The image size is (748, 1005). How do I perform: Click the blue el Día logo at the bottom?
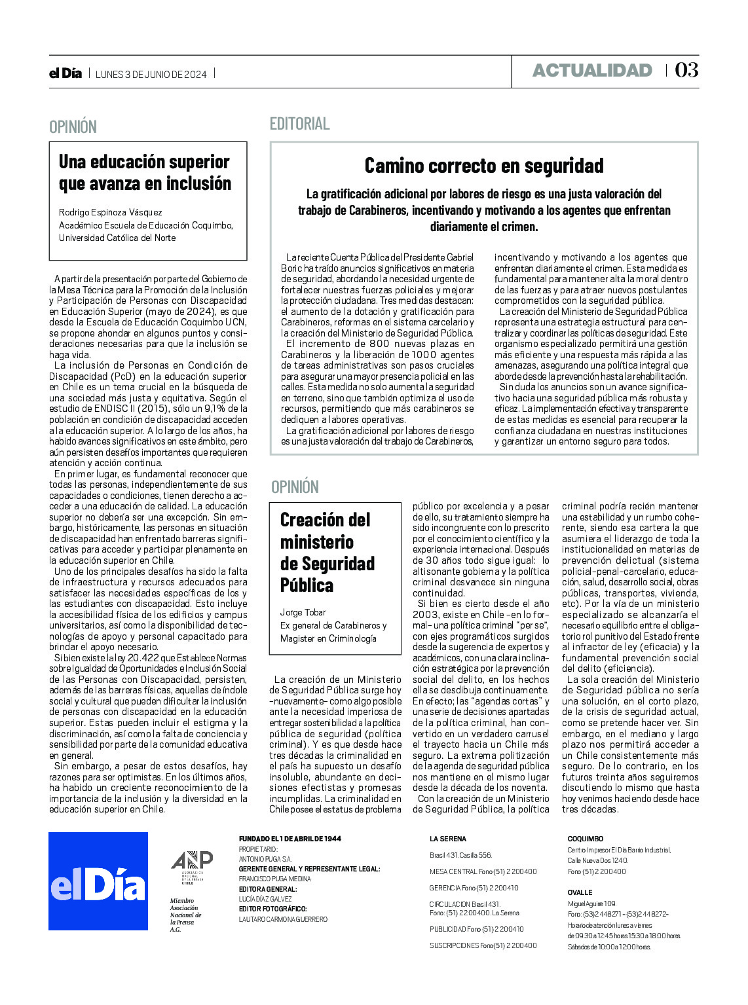98,881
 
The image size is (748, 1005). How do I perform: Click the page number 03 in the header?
686,70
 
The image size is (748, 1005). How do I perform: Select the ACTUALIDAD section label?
592,70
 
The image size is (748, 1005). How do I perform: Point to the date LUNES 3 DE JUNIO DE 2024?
151,74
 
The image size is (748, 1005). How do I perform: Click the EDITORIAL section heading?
300,123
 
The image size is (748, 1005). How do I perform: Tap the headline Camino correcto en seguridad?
484,166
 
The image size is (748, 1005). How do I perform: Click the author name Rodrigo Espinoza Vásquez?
111,212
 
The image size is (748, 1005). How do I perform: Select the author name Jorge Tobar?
303,612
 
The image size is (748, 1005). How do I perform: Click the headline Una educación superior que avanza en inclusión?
145,173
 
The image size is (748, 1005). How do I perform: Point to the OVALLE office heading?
580,892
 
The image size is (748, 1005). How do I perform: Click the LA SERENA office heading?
448,839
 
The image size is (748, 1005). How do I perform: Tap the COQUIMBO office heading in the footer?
586,839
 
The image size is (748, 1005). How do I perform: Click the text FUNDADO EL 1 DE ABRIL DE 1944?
290,839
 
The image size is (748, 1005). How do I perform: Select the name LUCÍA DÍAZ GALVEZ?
265,899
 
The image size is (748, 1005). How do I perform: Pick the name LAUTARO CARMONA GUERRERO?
283,919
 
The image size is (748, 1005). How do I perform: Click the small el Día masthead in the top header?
65,73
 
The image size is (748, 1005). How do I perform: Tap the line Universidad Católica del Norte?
117,238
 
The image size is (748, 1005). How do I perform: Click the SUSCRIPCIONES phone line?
483,945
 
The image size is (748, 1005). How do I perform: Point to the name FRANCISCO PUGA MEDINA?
275,879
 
